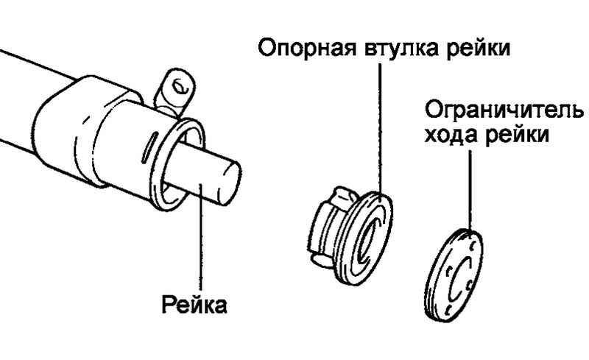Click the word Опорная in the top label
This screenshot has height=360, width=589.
pos(306,49)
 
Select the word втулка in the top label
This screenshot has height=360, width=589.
pos(401,48)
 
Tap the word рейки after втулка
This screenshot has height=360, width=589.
pos(478,49)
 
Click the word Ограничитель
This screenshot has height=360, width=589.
pos(504,110)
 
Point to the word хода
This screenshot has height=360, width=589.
pos(451,135)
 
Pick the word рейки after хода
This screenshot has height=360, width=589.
pos(518,135)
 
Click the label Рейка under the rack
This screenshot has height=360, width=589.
pos(194,304)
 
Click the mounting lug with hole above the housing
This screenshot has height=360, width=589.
pos(174,92)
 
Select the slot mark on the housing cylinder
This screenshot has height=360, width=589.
pos(147,148)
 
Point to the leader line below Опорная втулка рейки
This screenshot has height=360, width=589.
pos(380,130)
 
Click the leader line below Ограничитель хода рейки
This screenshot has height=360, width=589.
pos(470,191)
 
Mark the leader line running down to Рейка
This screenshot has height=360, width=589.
pos(201,237)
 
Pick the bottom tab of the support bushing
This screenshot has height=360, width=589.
pos(322,260)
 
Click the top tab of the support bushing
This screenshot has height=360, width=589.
pos(346,195)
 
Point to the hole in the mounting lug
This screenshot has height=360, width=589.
pos(180,87)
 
